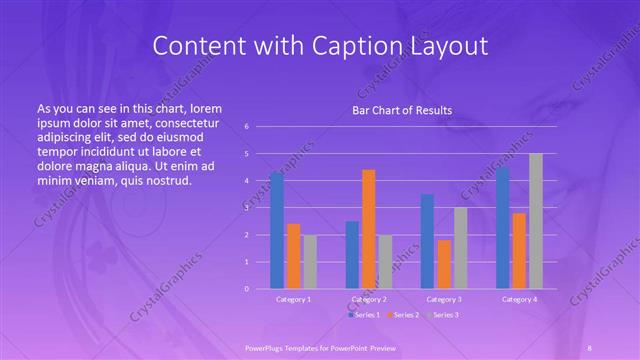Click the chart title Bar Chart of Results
[402, 110]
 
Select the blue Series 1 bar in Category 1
[276, 231]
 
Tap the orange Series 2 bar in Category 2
[368, 229]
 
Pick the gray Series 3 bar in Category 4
[535, 221]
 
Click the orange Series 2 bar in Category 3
[444, 264]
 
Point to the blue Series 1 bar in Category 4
[502, 228]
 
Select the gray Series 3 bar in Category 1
[310, 262]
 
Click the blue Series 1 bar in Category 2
[352, 255]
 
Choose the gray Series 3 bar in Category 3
[460, 248]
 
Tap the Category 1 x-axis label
[293, 299]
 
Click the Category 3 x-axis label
[443, 299]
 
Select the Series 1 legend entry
[366, 315]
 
